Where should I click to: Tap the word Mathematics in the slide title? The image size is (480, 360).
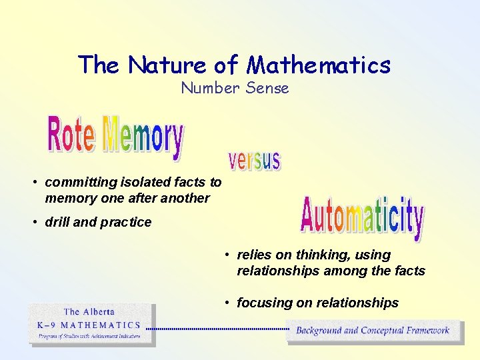pos(319,65)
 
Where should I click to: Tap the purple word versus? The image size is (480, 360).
pos(255,161)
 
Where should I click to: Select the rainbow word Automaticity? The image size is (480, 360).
pos(362,217)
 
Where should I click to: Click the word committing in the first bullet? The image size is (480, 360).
pos(77,182)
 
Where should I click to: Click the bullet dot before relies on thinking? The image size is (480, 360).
pos(227,255)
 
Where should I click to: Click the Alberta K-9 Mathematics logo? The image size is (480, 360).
pos(92,325)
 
